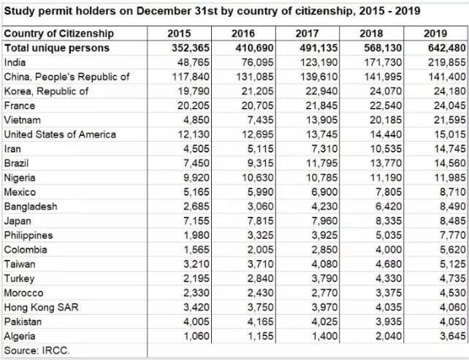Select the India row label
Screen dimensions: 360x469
tap(15, 63)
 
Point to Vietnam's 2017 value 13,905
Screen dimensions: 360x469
tap(317, 120)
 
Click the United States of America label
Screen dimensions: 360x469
tap(60, 134)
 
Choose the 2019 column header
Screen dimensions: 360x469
tap(436, 34)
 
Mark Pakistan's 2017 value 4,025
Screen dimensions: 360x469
tap(320, 321)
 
